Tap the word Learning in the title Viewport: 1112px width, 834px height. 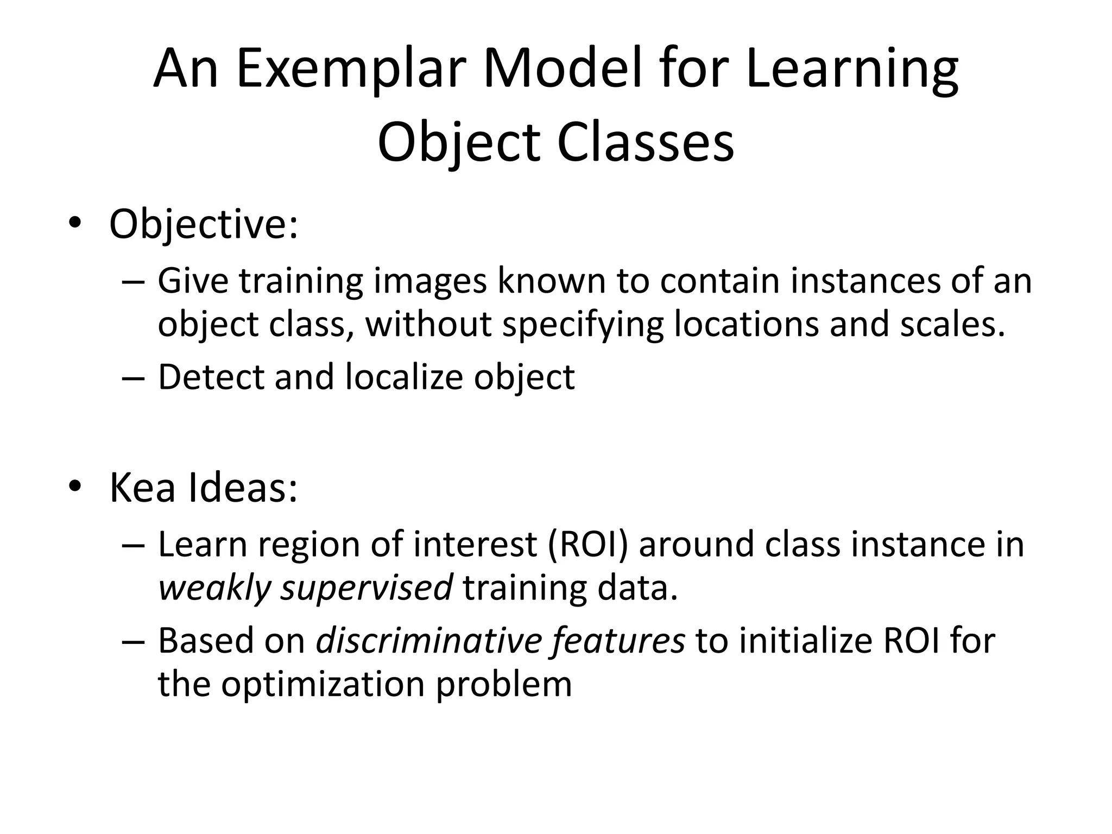852,69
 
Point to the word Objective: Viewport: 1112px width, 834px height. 204,225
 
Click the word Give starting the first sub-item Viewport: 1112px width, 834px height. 193,282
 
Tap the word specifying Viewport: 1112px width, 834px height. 582,325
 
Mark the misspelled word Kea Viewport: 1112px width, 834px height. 142,488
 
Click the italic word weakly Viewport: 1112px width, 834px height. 214,587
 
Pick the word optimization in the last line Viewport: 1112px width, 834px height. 323,684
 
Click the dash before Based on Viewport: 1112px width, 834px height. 133,641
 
